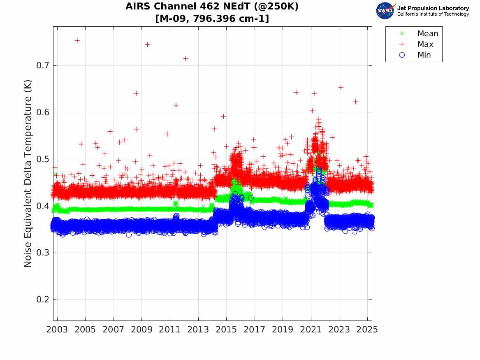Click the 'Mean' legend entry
[427, 33]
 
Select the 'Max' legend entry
[425, 44]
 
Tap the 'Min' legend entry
[424, 55]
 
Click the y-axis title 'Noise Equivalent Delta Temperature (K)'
[28, 182]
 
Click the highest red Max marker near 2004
[77, 40]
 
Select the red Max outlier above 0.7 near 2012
[186, 58]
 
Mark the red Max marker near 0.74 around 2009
[147, 44]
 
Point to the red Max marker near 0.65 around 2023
[341, 87]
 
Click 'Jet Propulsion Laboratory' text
[433, 8]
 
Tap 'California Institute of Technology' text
[433, 14]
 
